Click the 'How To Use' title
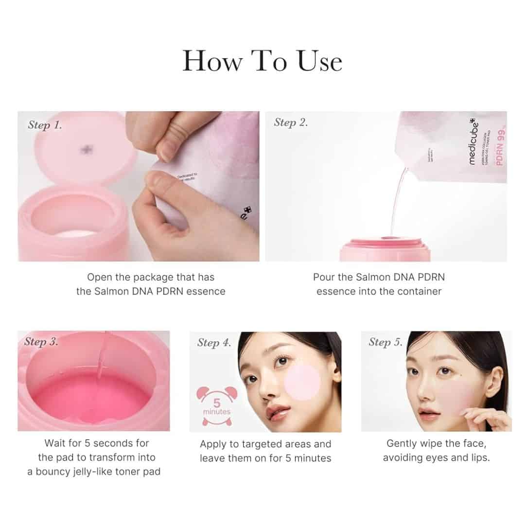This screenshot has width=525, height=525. (x=262, y=62)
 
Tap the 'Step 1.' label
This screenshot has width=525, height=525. (x=45, y=125)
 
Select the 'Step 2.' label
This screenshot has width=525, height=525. (x=291, y=122)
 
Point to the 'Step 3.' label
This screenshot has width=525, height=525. (x=41, y=342)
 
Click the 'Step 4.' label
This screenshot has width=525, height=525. (x=214, y=343)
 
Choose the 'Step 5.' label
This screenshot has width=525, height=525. (x=385, y=342)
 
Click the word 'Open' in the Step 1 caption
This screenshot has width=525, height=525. (x=98, y=277)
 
